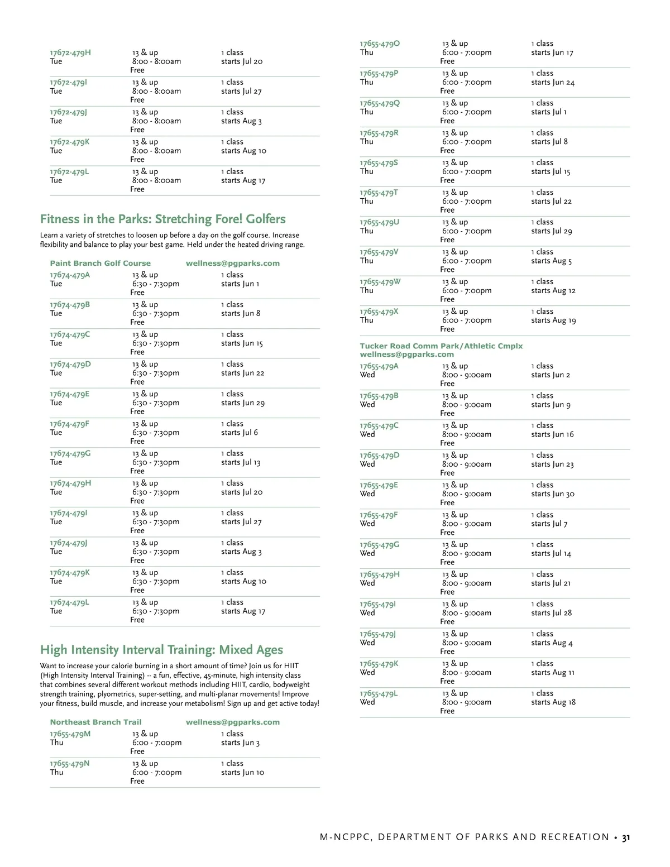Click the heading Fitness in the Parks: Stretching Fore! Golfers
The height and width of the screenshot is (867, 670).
click(x=162, y=219)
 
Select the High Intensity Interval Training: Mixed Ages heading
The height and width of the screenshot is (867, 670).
click(x=161, y=650)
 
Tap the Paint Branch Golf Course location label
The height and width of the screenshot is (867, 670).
click(x=100, y=264)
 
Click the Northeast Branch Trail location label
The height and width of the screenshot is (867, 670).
click(x=95, y=722)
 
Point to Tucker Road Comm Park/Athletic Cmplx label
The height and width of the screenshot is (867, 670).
click(x=441, y=346)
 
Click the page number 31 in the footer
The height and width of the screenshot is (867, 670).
click(x=626, y=837)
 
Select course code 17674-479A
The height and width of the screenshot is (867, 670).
click(x=70, y=275)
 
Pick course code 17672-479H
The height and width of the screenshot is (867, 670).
click(x=70, y=53)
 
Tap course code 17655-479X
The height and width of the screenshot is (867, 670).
click(x=379, y=312)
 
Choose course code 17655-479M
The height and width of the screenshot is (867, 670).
click(x=70, y=734)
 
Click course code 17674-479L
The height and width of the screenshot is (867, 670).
click(x=69, y=603)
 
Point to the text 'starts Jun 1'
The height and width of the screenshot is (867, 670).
click(x=240, y=284)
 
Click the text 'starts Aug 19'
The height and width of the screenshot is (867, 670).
click(x=553, y=321)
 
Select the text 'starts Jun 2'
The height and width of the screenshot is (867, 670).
click(x=551, y=375)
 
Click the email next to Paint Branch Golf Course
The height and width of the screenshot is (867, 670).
click(x=233, y=264)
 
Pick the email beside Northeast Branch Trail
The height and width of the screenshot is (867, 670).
click(x=233, y=722)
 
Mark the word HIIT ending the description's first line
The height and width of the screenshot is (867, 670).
click(x=291, y=666)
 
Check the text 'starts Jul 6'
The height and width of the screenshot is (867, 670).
click(x=240, y=433)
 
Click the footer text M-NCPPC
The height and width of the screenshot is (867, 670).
click(x=346, y=837)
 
